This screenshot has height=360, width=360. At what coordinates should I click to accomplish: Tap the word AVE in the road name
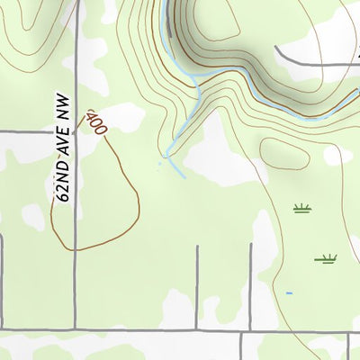(x=62, y=153)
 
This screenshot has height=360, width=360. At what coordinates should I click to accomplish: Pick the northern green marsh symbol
(x=301, y=209)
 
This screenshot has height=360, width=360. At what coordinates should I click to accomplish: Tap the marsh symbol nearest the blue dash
(x=326, y=260)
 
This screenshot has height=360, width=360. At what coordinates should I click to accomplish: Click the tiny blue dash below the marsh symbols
(x=289, y=293)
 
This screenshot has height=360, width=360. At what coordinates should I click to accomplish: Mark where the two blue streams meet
(x=196, y=85)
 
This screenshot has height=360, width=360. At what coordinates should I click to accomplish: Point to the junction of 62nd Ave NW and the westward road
(x=75, y=131)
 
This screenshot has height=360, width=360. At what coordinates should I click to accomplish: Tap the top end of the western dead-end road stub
(x=197, y=247)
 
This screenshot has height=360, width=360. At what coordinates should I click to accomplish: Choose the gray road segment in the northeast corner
(x=315, y=59)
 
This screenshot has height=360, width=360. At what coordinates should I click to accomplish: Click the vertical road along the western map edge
(x=2, y=279)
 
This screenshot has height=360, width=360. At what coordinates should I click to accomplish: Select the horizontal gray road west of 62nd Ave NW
(x=36, y=131)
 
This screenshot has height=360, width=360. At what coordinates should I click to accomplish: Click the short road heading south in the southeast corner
(x=348, y=346)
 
